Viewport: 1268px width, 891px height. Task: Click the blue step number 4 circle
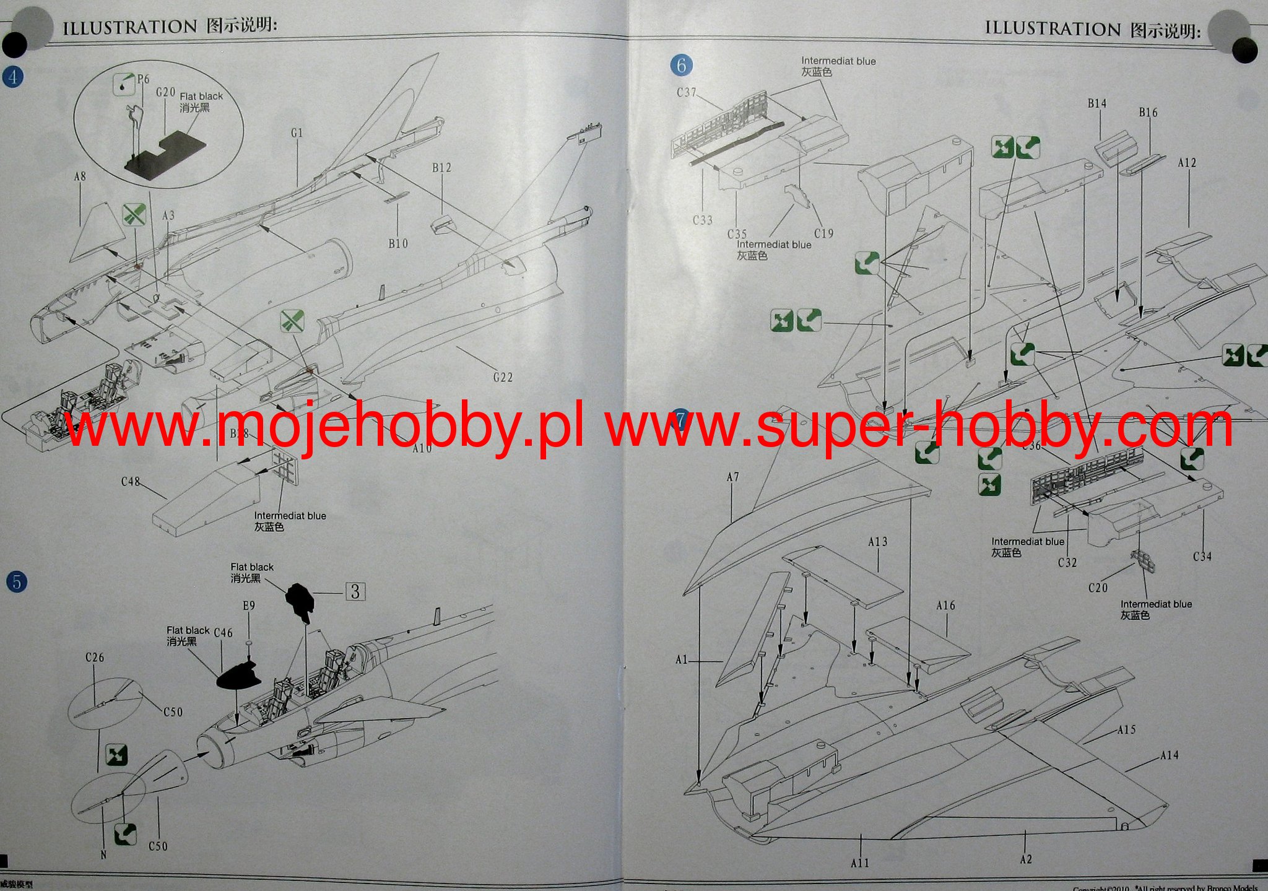click(x=13, y=77)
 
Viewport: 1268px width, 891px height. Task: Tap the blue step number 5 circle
click(x=17, y=582)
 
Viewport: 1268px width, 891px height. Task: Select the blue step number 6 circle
click(x=681, y=65)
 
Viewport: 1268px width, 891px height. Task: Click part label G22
click(x=503, y=377)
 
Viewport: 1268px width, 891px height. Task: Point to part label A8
click(x=80, y=177)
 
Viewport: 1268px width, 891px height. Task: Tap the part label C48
click(x=131, y=482)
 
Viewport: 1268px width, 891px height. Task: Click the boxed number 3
click(x=355, y=592)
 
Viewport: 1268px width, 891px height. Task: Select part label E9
click(x=248, y=606)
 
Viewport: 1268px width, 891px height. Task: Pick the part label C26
click(x=95, y=658)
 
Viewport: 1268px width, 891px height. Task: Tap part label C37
click(x=686, y=93)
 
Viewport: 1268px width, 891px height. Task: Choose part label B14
click(x=1096, y=103)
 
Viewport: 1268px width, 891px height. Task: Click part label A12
click(x=1186, y=163)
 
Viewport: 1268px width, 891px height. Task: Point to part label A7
click(x=732, y=477)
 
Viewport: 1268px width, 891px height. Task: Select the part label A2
click(x=1026, y=859)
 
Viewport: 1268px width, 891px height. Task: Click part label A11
click(x=860, y=863)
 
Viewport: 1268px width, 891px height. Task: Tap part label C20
click(x=1098, y=588)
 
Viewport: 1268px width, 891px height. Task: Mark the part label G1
click(x=297, y=133)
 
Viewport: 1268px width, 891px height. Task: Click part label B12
click(x=441, y=168)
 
